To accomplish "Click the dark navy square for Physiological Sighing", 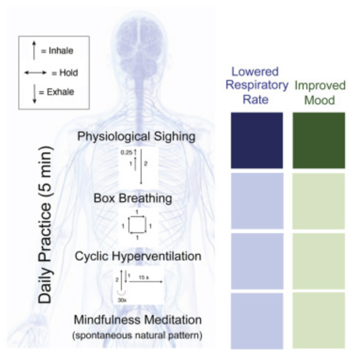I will pos(256,140).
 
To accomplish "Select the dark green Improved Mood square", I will pos(319,140).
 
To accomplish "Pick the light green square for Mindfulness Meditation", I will pos(319,321).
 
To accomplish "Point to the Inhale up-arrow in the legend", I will pos(34,50).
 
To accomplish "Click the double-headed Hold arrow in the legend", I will pos(35,73).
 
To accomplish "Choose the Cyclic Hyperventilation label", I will pos(138,257).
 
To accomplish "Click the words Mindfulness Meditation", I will pos(138,320).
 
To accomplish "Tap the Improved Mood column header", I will pos(320,93).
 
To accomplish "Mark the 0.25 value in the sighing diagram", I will pos(126,152).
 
